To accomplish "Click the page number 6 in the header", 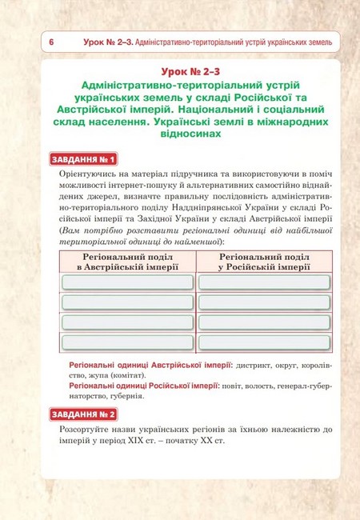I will (x=51, y=42).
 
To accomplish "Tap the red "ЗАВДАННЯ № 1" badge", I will (x=84, y=158).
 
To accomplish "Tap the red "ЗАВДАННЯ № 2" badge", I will (x=84, y=414).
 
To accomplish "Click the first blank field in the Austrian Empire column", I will (x=127, y=282).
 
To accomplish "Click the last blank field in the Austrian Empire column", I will (x=127, y=342).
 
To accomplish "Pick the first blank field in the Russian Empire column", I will (x=264, y=282).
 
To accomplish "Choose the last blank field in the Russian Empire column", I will (x=264, y=342).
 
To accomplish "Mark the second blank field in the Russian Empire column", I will (x=264, y=302).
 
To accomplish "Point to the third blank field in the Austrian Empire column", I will (x=127, y=322).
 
